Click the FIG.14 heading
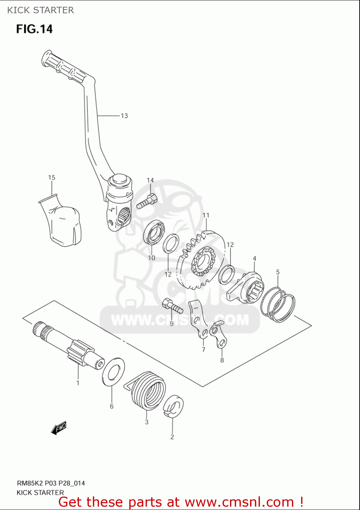tap(34, 29)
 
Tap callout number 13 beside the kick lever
tap(124, 116)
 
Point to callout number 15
tap(51, 177)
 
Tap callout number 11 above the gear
tap(206, 215)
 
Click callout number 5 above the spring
tap(278, 272)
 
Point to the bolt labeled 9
tap(173, 306)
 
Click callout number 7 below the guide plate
tap(203, 350)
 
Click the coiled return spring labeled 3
tap(149, 390)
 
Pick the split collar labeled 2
tap(174, 406)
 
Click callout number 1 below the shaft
tap(78, 383)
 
